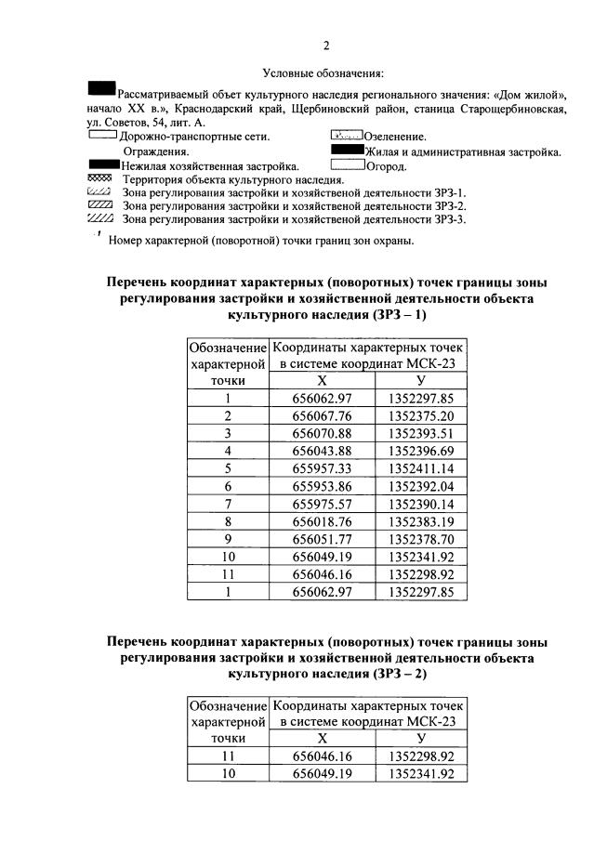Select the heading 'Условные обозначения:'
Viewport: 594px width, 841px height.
(x=323, y=73)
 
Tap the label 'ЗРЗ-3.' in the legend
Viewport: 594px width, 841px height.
(x=449, y=220)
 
